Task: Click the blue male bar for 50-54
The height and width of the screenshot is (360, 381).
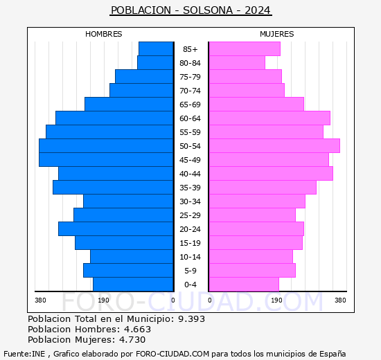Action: [x=106, y=145]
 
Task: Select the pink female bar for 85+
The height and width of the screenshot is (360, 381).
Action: [x=244, y=48]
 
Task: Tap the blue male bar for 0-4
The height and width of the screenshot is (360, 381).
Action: [x=133, y=284]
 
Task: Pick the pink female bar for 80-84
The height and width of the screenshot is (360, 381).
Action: [x=236, y=62]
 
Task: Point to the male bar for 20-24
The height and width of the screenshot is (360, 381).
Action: [x=116, y=228]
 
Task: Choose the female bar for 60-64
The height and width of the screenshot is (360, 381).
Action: [x=269, y=118]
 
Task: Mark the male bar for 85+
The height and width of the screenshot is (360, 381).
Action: [x=156, y=48]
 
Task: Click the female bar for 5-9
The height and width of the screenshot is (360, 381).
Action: [x=251, y=270]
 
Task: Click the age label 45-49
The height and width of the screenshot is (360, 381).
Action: [x=190, y=160]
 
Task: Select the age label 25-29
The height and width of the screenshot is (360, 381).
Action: [x=190, y=215]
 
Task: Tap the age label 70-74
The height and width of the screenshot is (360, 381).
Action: [x=190, y=91]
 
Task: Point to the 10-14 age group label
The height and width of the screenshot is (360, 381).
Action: [x=190, y=257]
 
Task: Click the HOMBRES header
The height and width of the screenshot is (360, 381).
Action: [x=104, y=34]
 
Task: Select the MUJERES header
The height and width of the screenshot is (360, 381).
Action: [x=277, y=34]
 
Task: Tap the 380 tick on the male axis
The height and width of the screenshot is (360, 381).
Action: [x=40, y=300]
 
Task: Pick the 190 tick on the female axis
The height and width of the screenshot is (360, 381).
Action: [x=275, y=300]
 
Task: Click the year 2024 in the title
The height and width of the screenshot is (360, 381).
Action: [x=257, y=10]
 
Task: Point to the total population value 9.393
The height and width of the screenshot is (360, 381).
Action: [x=190, y=318]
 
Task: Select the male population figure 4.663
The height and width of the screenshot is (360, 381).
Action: [x=136, y=329]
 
